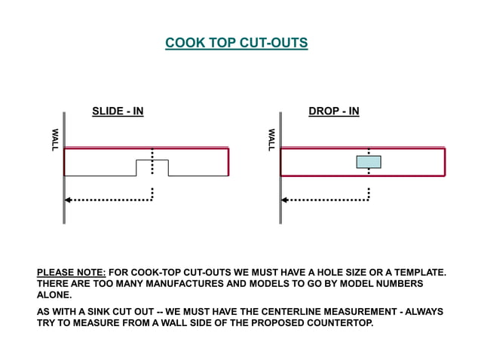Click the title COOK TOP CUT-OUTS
coord(237,43)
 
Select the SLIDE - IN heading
coord(118,111)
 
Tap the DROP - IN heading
coord(334,111)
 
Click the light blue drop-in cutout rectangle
coord(369,162)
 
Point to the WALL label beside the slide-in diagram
coord(54,140)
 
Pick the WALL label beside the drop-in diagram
coord(271,140)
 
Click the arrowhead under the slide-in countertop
coord(68,200)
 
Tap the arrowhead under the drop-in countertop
coord(285,200)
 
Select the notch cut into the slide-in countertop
coord(152,168)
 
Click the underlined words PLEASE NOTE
coord(72,272)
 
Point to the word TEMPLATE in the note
coord(415,272)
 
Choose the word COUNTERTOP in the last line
coord(337,323)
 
